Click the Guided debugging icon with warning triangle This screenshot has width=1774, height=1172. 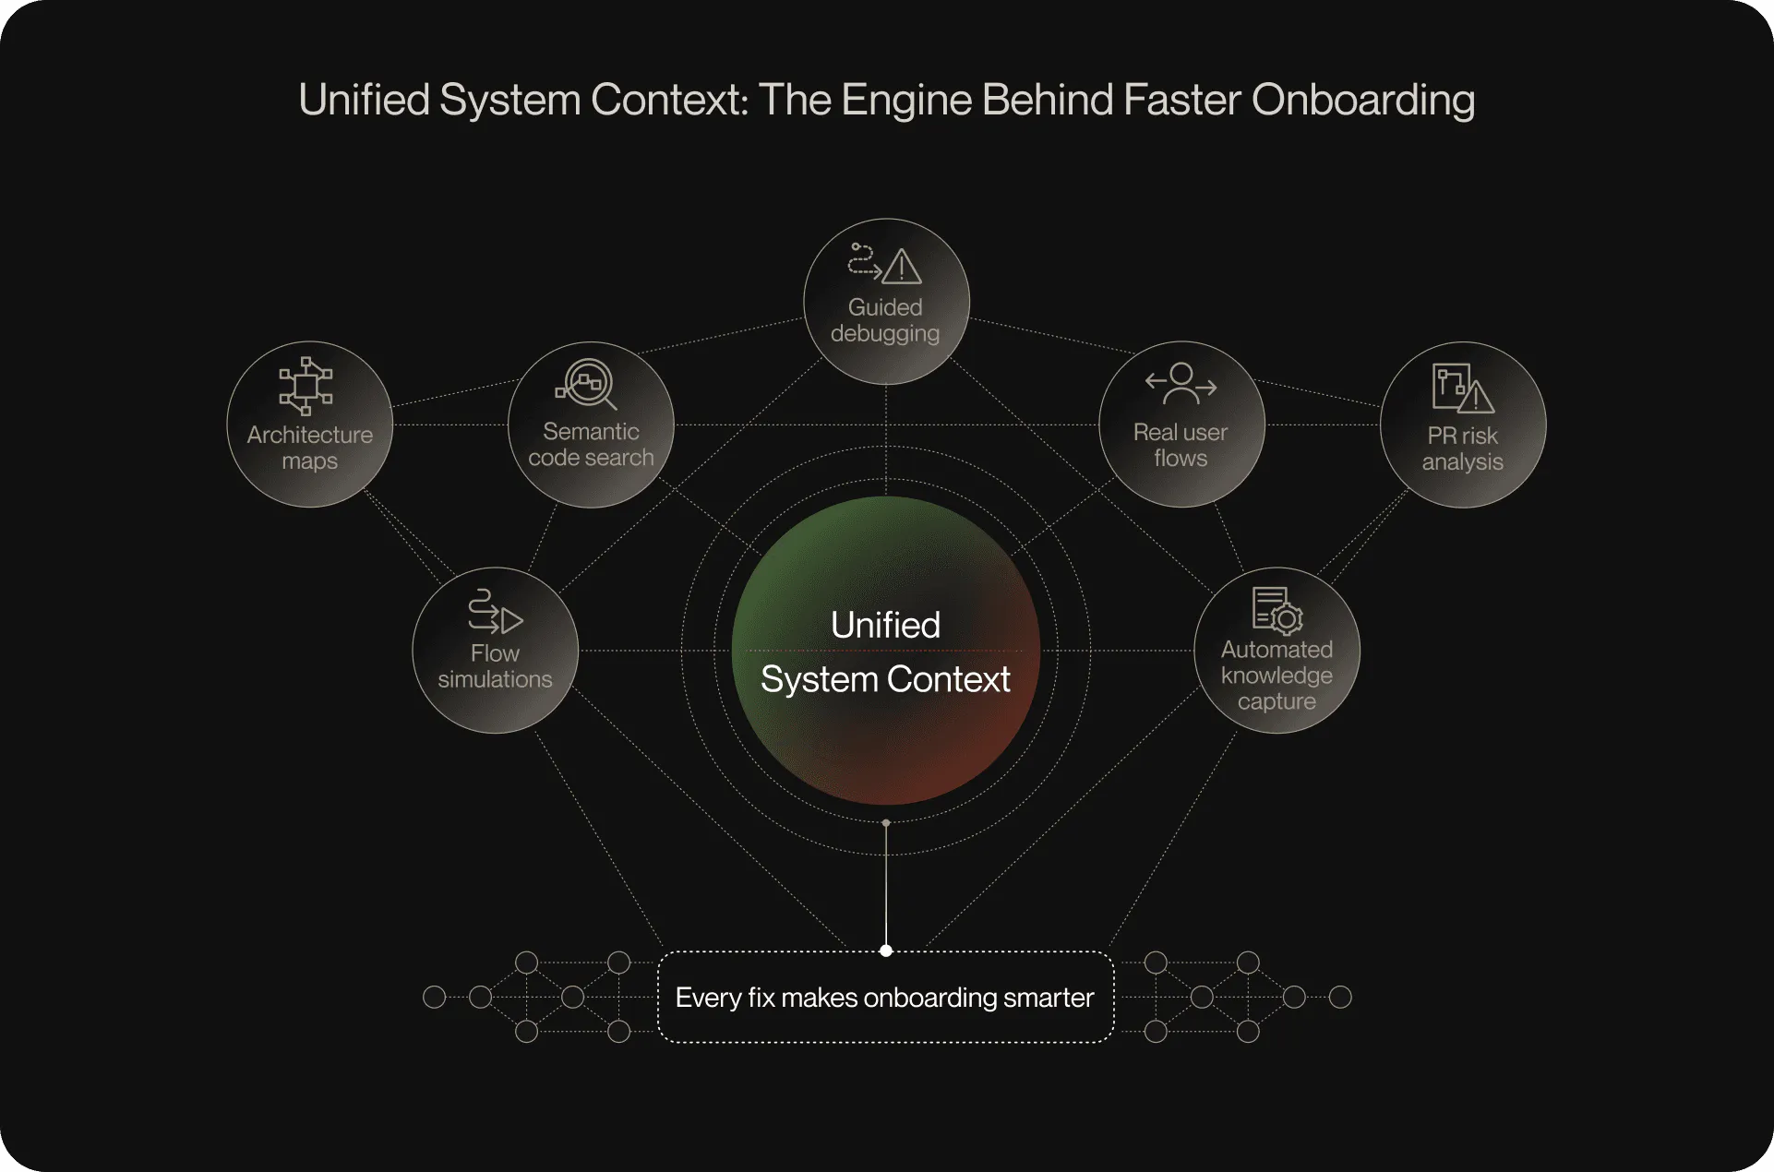pyautogui.click(x=885, y=264)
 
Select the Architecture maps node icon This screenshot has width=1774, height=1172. pyautogui.click(x=306, y=386)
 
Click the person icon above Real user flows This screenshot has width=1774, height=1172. pyautogui.click(x=1181, y=384)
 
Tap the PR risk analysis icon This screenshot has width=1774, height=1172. pyautogui.click(x=1462, y=388)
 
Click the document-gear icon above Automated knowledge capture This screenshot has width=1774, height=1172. pyautogui.click(x=1277, y=611)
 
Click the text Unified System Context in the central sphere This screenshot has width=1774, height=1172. pyautogui.click(x=885, y=652)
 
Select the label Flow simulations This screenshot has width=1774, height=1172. pyautogui.click(x=495, y=666)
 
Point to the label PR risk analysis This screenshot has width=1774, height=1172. pyautogui.click(x=1462, y=448)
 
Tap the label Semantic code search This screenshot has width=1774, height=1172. pyautogui.click(x=591, y=445)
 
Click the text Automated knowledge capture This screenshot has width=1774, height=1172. pyautogui.click(x=1277, y=676)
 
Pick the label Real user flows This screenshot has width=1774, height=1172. pyautogui.click(x=1181, y=445)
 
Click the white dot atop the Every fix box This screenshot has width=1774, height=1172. pyautogui.click(x=886, y=951)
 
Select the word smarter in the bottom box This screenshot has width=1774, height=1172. pyautogui.click(x=1049, y=998)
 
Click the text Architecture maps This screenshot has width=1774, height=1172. pyautogui.click(x=310, y=448)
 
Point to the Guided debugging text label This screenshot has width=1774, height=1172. pyautogui.click(x=885, y=320)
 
